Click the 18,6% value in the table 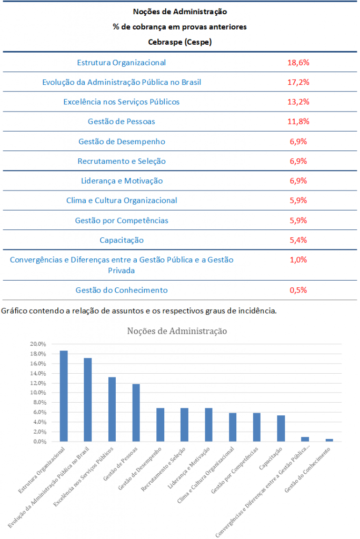(298, 62)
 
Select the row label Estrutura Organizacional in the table (121, 62)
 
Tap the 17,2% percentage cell (298, 82)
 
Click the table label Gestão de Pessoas (121, 122)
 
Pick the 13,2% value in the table (298, 102)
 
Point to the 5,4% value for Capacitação (298, 240)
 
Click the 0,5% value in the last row (298, 290)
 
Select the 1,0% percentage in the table (298, 259)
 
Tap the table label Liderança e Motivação (122, 181)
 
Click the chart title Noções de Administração (177, 331)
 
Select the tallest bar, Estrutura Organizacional (64, 396)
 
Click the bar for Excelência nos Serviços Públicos (112, 409)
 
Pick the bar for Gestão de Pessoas (136, 413)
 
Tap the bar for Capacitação (281, 428)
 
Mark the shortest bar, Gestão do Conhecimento (329, 440)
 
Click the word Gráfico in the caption (15, 310)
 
